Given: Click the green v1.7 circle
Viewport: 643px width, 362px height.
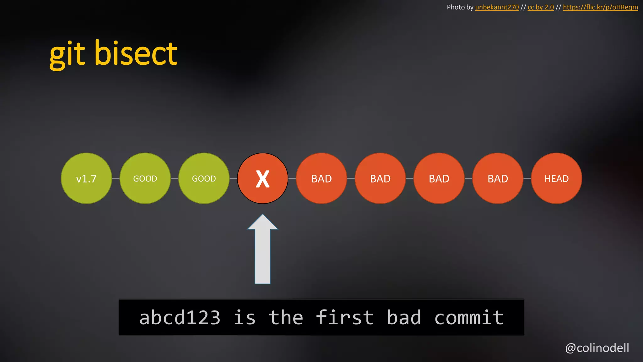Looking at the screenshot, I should point(86,178).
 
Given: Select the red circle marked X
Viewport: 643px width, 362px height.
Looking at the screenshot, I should point(262,178).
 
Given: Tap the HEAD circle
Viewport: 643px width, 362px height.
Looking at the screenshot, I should point(556,178).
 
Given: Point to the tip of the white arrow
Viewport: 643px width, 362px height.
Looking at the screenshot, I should point(263,216).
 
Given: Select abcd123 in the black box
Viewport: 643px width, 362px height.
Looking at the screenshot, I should point(180,317).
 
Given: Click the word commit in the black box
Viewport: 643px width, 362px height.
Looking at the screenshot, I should point(469,317).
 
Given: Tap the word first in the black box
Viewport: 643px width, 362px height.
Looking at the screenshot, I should point(345,317).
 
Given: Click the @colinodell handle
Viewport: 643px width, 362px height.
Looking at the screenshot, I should point(597,348).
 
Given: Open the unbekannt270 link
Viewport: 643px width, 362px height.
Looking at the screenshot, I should point(497,7).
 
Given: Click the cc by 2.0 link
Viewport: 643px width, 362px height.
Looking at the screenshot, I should point(541,7).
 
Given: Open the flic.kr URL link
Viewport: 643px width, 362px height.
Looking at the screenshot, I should point(600,7).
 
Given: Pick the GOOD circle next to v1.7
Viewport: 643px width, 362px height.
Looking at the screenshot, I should point(145,178).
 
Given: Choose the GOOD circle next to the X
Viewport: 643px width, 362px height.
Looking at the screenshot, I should point(204,178).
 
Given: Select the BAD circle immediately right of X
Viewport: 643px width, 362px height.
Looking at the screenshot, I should point(321,178).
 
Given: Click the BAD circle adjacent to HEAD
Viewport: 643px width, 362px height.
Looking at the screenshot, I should point(498,178).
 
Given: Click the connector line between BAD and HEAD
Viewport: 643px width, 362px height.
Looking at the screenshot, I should point(527,178).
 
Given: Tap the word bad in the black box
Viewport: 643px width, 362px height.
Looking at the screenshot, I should point(404,317).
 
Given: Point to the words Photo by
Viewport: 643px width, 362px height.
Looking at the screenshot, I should point(460,7).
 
